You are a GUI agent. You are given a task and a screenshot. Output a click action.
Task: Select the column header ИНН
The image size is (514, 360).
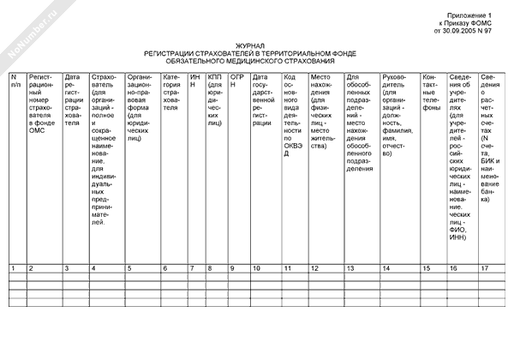[194, 82]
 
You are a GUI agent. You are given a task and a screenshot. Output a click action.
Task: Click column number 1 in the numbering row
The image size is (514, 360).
[12, 268]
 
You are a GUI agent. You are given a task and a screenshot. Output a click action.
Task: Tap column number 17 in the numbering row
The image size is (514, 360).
[486, 268]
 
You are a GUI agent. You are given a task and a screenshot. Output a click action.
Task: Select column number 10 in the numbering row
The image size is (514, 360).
[256, 268]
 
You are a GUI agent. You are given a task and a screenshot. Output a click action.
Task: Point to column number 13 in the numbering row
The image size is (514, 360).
[350, 268]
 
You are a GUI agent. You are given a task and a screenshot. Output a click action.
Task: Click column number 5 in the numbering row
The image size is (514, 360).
[129, 268]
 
